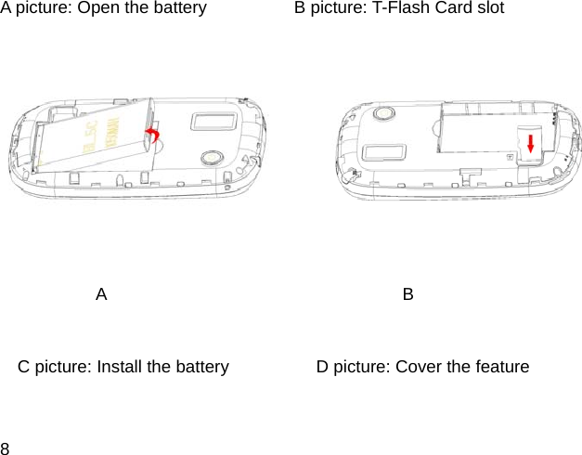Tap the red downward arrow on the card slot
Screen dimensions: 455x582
[530, 142]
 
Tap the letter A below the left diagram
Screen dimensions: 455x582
[101, 294]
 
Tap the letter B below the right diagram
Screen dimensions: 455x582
[408, 294]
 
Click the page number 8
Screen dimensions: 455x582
[6, 447]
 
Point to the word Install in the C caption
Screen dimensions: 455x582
[122, 367]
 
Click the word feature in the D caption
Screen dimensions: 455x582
[501, 367]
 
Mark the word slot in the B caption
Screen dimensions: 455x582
[489, 8]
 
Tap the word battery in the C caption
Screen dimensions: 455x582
[201, 367]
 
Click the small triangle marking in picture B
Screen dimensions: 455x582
[510, 158]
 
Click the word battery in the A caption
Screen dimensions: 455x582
[179, 8]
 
